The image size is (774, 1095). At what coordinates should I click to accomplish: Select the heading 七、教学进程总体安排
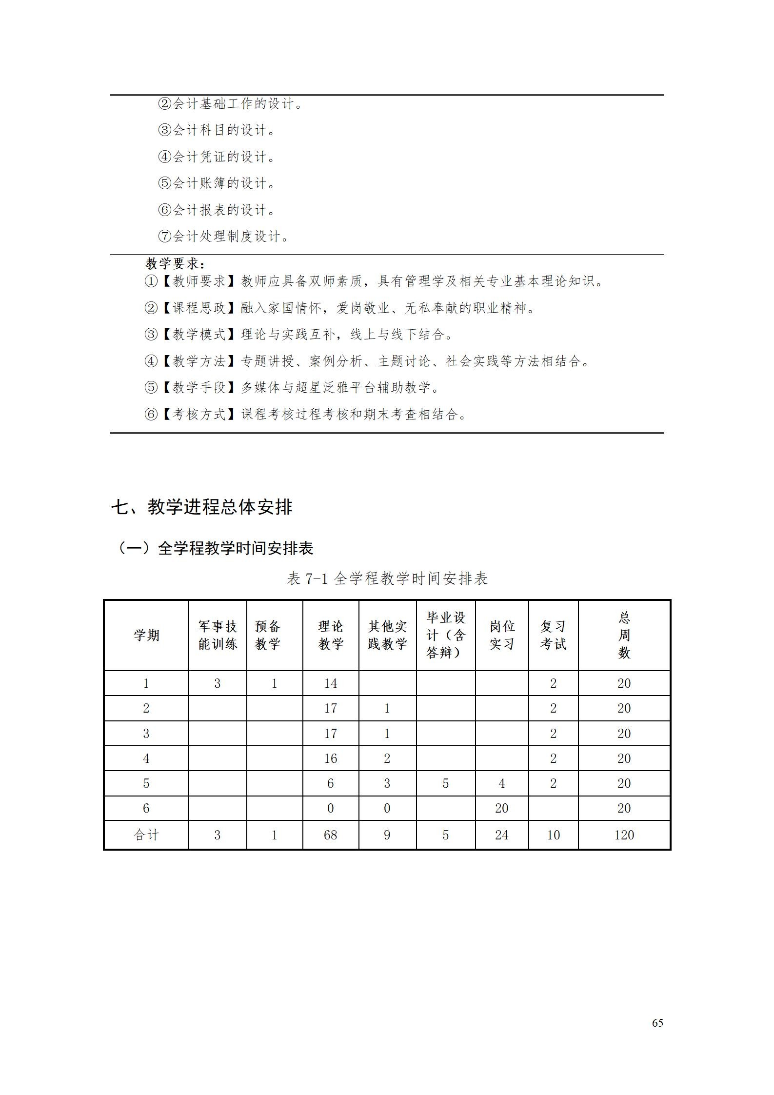(201, 507)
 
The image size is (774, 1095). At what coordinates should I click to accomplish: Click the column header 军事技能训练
(218, 635)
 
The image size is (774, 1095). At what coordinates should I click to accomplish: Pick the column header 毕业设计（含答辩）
(446, 635)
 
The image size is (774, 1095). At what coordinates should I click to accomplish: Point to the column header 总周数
(624, 635)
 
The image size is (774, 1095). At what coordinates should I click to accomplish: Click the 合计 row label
(146, 835)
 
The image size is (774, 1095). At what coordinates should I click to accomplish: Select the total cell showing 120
(624, 835)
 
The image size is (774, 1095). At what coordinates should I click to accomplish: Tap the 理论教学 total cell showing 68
(331, 835)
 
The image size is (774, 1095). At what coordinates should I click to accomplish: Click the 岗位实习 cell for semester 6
(501, 808)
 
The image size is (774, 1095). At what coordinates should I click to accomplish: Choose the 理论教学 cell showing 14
(331, 683)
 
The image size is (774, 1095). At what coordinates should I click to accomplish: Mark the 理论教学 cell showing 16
(331, 758)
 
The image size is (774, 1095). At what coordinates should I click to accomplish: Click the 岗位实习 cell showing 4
(501, 783)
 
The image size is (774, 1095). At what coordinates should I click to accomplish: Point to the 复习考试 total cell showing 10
(553, 835)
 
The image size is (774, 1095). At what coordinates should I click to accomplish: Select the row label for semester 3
(146, 734)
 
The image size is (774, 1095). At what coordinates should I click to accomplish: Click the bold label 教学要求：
(176, 264)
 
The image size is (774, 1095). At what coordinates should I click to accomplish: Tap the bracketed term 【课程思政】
(200, 308)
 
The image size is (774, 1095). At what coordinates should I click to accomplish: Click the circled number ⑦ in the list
(165, 237)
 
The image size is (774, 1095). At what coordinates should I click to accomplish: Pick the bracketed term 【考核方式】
(200, 415)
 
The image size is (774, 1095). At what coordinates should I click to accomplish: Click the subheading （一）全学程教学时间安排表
(215, 548)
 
